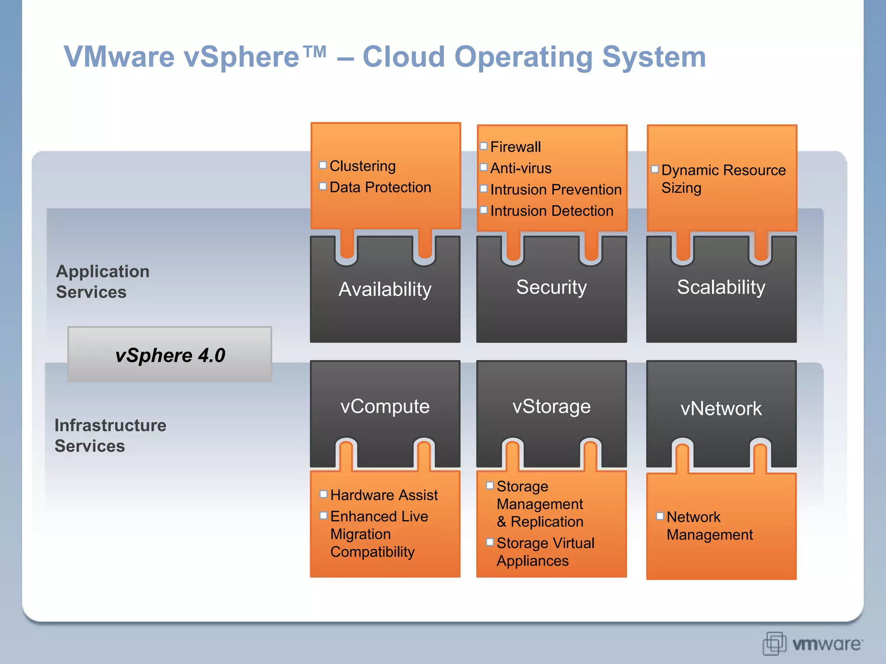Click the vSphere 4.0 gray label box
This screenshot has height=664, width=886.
point(170,355)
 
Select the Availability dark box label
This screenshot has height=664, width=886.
point(385,289)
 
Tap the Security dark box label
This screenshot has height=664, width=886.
point(551,287)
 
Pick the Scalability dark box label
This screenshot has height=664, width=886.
point(721,287)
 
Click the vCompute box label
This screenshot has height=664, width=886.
point(385,406)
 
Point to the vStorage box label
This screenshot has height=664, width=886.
point(551,406)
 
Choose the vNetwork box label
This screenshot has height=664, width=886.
point(721,409)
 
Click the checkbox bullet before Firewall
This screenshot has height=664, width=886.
point(484,146)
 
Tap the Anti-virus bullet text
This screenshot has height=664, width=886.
point(520,168)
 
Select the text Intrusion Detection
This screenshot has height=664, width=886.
point(552,211)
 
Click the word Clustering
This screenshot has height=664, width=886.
point(363,166)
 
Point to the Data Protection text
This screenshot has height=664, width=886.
point(380,187)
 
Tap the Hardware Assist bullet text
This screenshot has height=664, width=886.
point(384,495)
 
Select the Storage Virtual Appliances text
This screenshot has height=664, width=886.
point(545,552)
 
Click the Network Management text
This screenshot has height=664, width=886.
point(709,526)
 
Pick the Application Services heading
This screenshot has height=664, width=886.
point(103,281)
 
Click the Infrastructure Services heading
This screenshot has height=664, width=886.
point(110,435)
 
